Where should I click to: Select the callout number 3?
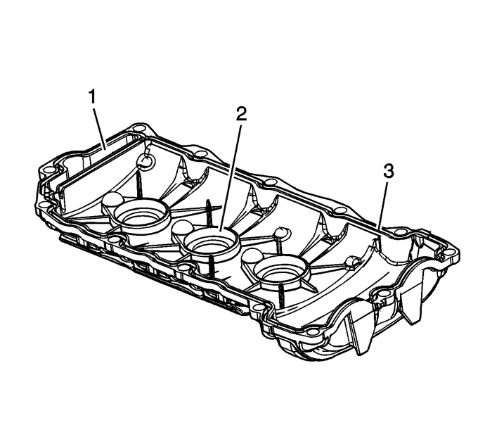pos(387,171)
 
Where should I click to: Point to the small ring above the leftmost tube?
pos(145,163)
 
